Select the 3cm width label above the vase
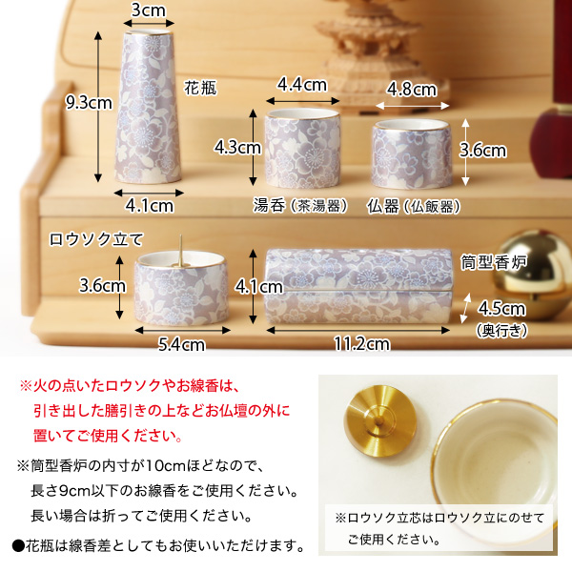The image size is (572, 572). pyautogui.click(x=151, y=10)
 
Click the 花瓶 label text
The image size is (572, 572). pyautogui.click(x=201, y=88)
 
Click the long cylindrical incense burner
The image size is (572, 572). pyautogui.click(x=357, y=285)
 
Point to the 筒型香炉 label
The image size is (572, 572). pyautogui.click(x=493, y=259)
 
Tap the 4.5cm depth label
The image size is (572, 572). pyautogui.click(x=501, y=308)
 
